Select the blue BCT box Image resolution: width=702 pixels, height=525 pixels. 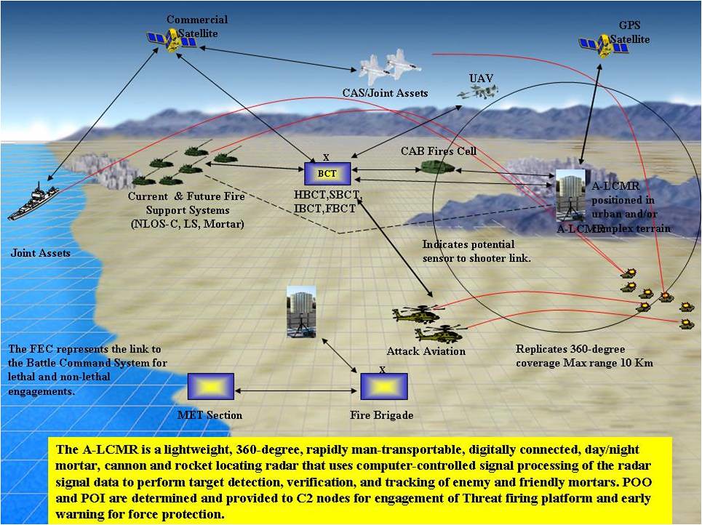pos(327,174)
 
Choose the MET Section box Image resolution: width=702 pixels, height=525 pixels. pos(210,385)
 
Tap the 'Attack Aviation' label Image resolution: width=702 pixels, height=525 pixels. pos(426,352)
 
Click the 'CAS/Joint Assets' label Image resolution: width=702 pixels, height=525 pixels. pos(385,93)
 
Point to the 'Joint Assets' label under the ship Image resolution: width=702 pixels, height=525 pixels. pos(40,253)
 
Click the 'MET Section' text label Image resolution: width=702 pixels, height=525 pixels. pos(210,415)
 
